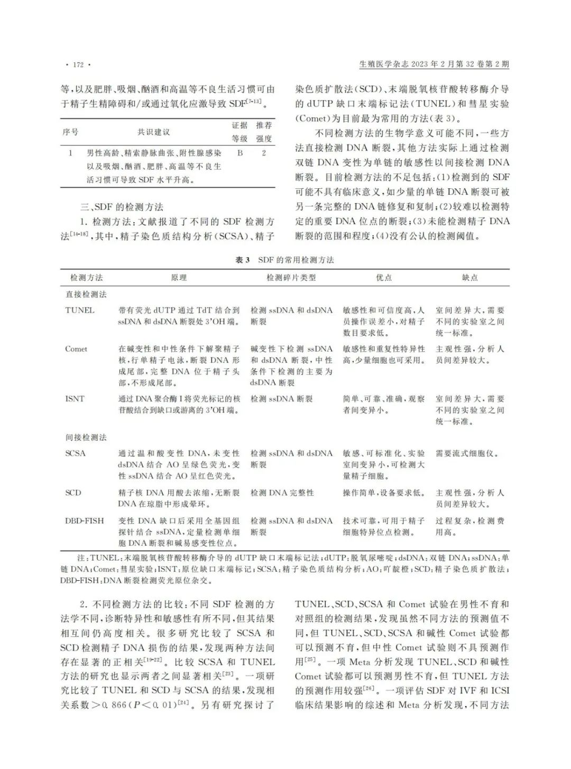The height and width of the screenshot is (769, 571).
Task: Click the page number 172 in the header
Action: click(x=78, y=65)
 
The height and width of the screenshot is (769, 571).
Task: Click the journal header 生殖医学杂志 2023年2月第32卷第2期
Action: click(x=434, y=65)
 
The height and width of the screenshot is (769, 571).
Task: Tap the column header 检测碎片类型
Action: click(x=291, y=277)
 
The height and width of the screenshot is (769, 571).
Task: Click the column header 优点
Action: click(x=384, y=277)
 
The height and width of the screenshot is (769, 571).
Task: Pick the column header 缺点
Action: click(x=469, y=277)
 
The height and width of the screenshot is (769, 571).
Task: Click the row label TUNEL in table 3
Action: click(x=80, y=310)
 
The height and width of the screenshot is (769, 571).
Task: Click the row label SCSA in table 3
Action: click(x=76, y=453)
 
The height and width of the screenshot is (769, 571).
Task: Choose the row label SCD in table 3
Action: click(x=73, y=492)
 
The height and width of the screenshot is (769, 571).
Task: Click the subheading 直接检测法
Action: click(x=86, y=294)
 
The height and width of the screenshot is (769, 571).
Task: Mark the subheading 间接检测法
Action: click(x=86, y=437)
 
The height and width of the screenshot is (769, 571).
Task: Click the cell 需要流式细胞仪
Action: click(x=467, y=453)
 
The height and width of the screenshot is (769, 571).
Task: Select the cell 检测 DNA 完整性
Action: click(x=282, y=492)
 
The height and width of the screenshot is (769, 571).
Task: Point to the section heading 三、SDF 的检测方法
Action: click(x=122, y=207)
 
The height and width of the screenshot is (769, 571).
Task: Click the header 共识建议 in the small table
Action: click(x=154, y=132)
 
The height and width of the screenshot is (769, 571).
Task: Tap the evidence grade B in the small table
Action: click(x=240, y=153)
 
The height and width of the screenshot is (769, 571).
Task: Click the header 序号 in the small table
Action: click(x=70, y=132)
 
